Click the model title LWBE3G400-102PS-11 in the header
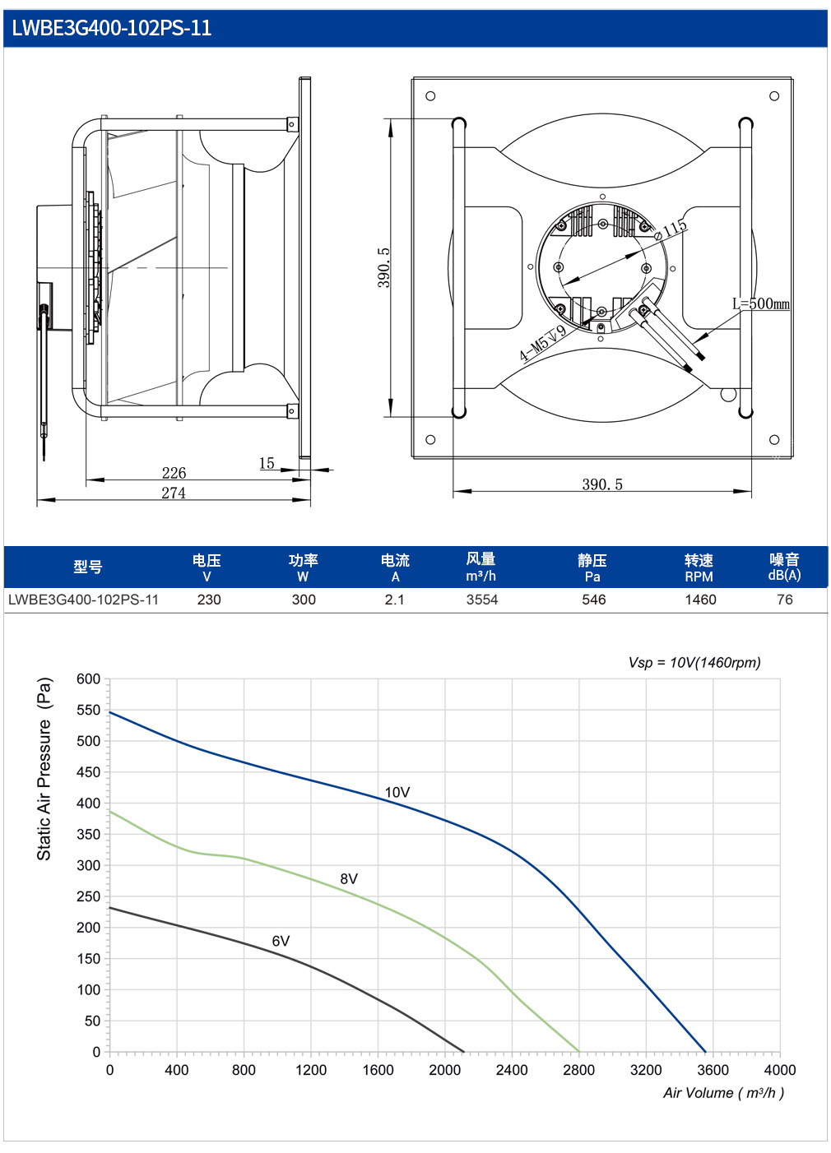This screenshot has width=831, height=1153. (x=111, y=28)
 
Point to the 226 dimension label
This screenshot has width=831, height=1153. (x=174, y=473)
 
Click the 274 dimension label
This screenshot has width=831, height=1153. (x=174, y=493)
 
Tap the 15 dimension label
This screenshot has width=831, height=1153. (x=267, y=463)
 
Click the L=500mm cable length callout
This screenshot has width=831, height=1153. (x=761, y=303)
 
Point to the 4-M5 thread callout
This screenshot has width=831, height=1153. (x=543, y=343)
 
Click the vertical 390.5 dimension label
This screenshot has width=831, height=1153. (x=384, y=267)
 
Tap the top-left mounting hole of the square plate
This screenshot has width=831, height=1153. (x=430, y=96)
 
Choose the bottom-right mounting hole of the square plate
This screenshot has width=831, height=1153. (x=774, y=440)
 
